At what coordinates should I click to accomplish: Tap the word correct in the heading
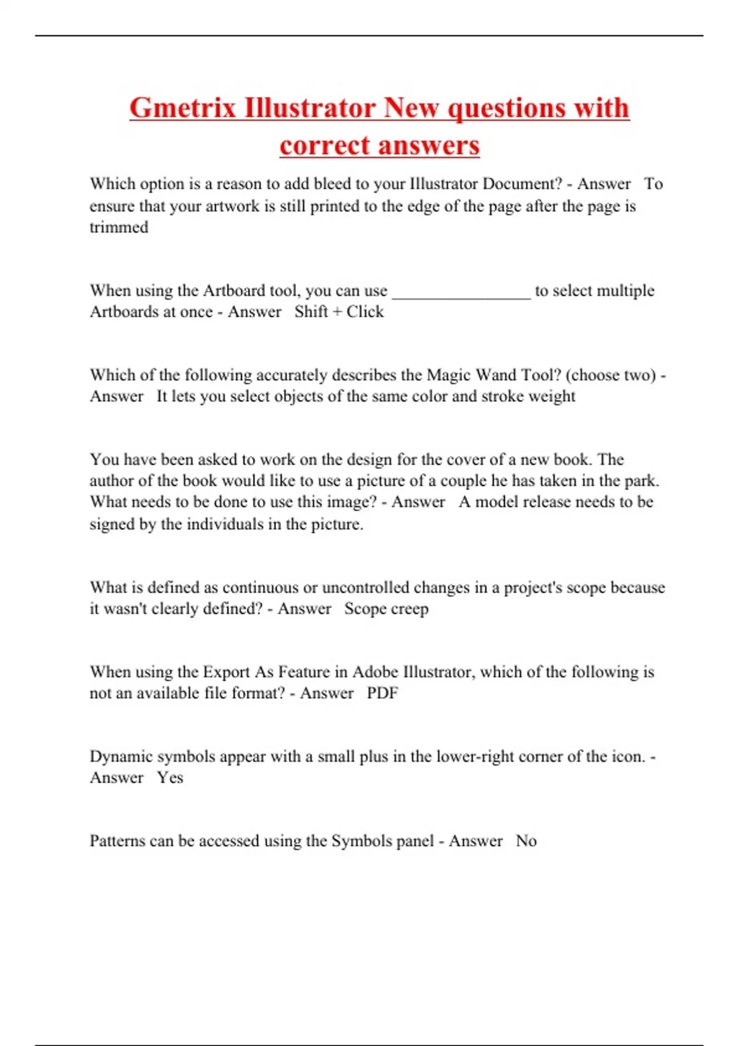pyautogui.click(x=325, y=146)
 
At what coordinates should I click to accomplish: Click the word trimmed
pyautogui.click(x=119, y=227)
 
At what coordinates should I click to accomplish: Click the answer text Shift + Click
pyautogui.click(x=339, y=311)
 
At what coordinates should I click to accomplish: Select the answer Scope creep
pyautogui.click(x=386, y=609)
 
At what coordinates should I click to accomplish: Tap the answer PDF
pyautogui.click(x=382, y=693)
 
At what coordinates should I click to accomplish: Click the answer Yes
pyautogui.click(x=170, y=778)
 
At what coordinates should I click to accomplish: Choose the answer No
pyautogui.click(x=526, y=840)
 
